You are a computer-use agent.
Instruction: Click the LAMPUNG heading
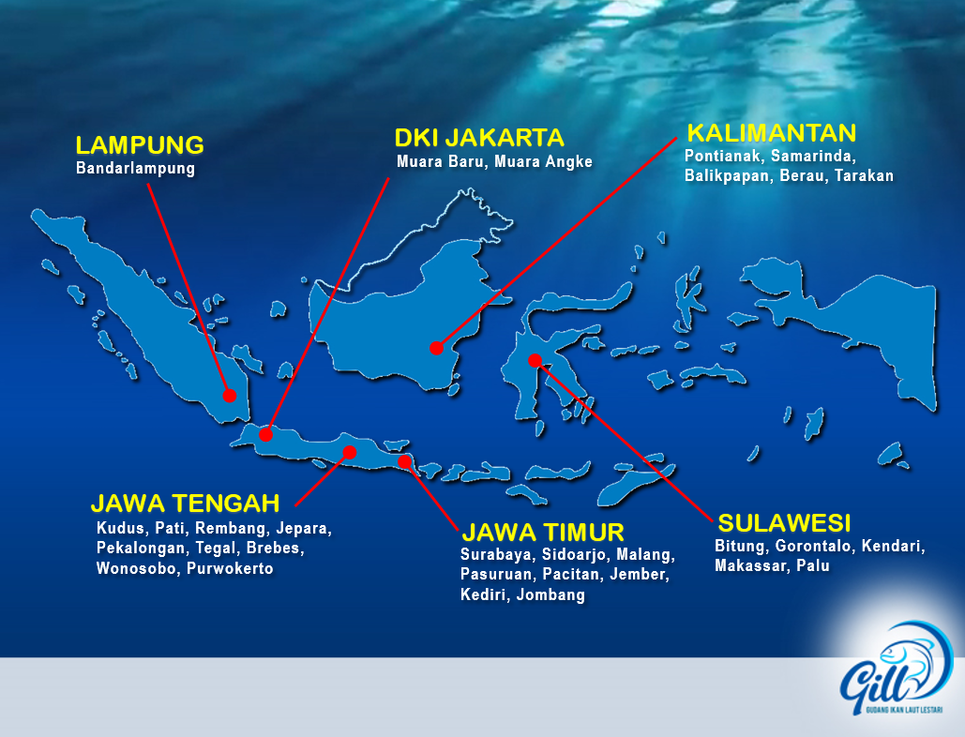[x=140, y=145]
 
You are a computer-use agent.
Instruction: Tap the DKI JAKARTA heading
[x=479, y=138]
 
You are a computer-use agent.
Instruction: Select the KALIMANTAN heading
[x=772, y=133]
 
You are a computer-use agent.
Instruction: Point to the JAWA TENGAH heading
[x=186, y=504]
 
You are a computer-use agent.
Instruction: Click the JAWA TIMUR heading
[x=543, y=533]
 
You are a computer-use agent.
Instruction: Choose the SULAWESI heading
[x=785, y=523]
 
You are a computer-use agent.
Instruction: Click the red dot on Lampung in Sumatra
[x=230, y=396]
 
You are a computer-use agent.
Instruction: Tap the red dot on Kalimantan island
[x=436, y=348]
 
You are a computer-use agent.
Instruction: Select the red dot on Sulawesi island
[x=535, y=360]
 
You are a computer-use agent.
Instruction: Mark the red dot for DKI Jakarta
[x=266, y=435]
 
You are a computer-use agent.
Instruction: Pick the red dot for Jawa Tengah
[x=350, y=453]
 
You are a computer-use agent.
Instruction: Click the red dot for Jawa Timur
[x=404, y=461]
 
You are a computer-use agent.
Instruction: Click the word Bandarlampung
[x=135, y=169]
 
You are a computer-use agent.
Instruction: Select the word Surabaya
[x=497, y=555]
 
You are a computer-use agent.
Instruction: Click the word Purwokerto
[x=230, y=568]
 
